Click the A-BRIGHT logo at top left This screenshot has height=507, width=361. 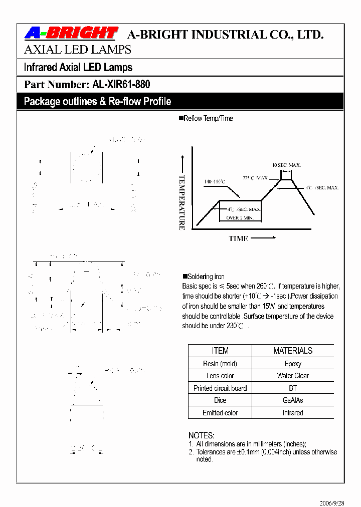(71, 34)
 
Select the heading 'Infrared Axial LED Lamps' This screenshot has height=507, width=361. (78, 67)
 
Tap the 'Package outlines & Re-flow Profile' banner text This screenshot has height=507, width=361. (97, 102)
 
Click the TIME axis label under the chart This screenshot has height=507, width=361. (239, 238)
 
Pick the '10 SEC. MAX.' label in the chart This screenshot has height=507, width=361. (286, 165)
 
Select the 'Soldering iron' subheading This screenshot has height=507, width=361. (206, 277)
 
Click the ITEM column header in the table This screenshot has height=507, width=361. (220, 351)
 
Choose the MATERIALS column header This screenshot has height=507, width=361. (293, 351)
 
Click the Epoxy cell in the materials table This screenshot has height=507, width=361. (293, 364)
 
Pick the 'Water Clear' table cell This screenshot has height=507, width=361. (293, 376)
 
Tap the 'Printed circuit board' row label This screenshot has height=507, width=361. (220, 388)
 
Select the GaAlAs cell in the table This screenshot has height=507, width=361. (293, 400)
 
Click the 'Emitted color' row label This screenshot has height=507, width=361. (220, 413)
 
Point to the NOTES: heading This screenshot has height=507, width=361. (202, 435)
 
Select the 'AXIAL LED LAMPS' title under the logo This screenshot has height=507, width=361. (78, 50)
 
